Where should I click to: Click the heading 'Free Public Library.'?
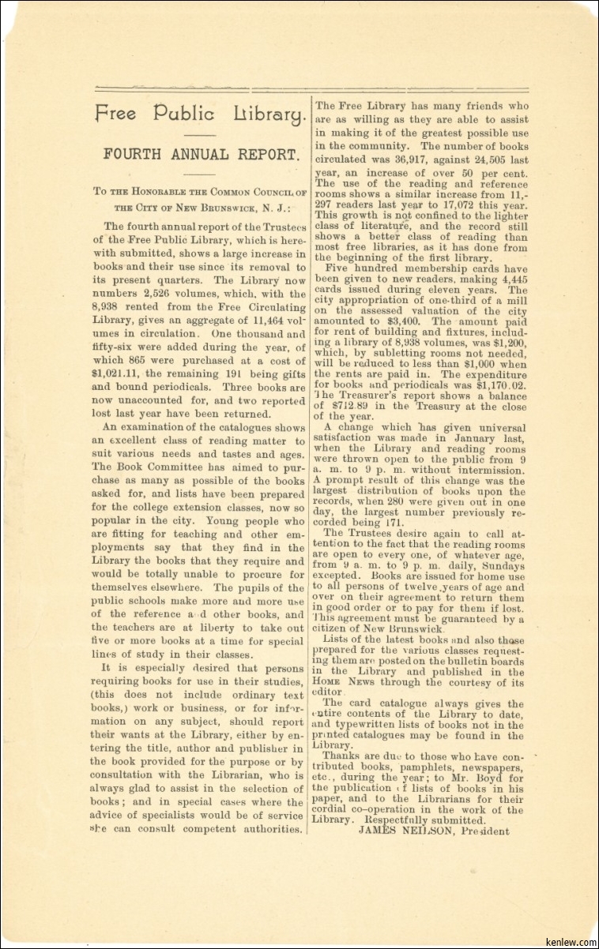tap(200, 114)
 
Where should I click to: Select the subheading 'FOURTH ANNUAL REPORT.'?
tap(201, 155)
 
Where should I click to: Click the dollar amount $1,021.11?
tap(117, 374)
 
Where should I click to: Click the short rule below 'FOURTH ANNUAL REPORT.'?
tap(201, 174)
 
